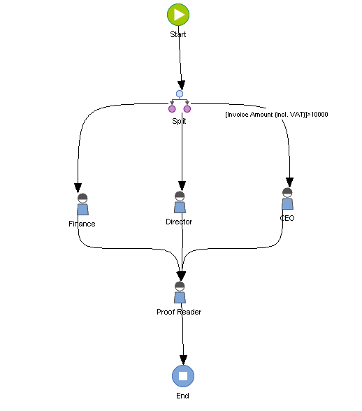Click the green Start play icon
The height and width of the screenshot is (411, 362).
(178, 14)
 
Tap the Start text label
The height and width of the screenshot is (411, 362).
(178, 34)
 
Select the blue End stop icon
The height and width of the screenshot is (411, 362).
(183, 375)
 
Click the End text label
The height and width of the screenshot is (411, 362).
(183, 396)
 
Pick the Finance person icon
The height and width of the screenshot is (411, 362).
(82, 204)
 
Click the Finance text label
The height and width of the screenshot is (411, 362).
(82, 224)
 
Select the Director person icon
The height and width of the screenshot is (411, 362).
(180, 202)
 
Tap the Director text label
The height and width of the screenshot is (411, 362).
(179, 222)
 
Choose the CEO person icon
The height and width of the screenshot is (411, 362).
(287, 199)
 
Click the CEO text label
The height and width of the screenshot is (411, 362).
(287, 218)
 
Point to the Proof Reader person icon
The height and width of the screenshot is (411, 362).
(180, 292)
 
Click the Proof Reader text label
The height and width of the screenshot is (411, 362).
(179, 312)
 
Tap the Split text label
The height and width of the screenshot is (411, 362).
(180, 121)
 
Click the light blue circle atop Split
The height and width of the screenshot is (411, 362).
(180, 94)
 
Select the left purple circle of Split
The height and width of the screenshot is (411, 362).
(172, 108)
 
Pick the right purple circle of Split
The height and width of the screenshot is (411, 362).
(187, 108)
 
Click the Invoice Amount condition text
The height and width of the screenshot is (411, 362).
(276, 114)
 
